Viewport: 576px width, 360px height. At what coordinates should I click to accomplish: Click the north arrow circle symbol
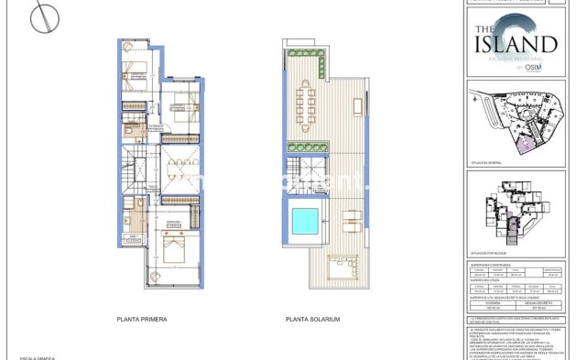click(43, 19)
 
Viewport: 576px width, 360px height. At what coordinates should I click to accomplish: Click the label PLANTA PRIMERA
click(142, 320)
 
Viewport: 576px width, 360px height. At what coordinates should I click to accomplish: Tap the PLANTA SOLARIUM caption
click(312, 320)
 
